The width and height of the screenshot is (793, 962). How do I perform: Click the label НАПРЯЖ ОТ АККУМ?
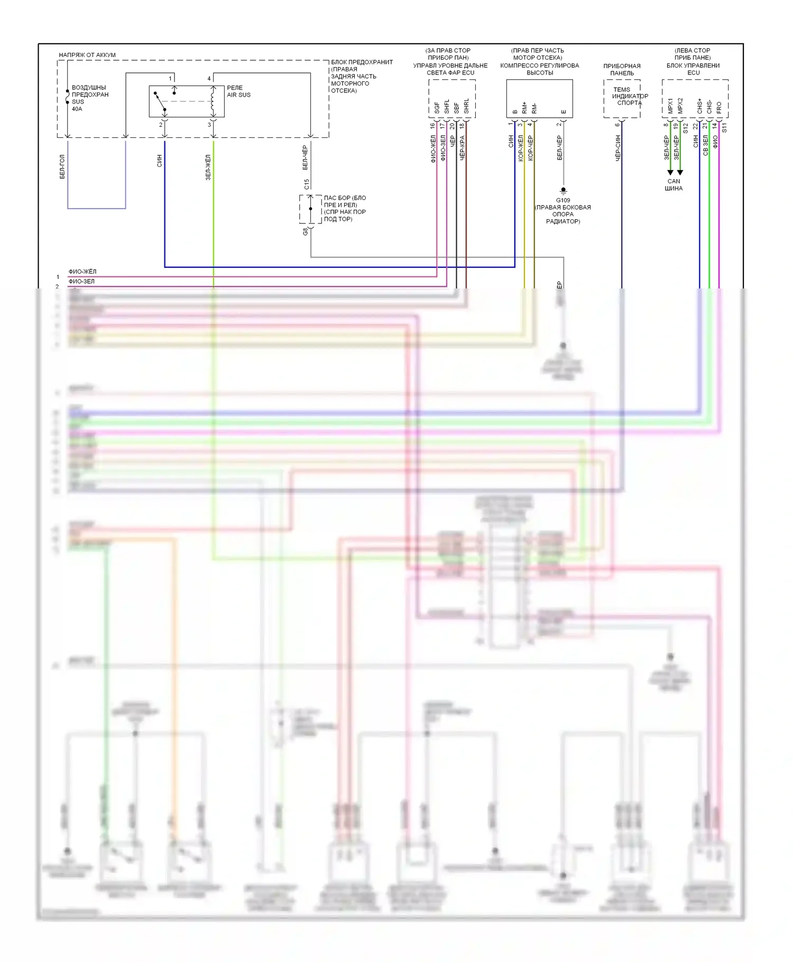87,55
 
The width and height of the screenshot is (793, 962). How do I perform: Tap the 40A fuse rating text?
77,109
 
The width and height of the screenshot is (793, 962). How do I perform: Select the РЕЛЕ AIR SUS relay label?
238,91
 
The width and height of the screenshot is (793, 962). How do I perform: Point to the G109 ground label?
563,200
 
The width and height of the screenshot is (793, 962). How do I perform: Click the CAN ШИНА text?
674,185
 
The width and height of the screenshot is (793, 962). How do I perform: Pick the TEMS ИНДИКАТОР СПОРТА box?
623,99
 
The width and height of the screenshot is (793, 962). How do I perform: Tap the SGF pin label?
437,108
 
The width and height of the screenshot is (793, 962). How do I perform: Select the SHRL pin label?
466,106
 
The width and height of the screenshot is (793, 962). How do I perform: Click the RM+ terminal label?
524,108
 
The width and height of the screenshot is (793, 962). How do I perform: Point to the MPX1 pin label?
670,106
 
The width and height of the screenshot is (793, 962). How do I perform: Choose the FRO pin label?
719,108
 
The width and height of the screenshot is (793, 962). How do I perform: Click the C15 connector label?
307,184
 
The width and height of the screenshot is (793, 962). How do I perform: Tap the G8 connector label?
305,231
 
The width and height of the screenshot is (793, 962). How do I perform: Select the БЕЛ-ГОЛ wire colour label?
62,167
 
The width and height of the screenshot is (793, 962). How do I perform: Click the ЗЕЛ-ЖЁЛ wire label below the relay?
208,167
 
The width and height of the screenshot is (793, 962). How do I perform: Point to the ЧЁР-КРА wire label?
462,148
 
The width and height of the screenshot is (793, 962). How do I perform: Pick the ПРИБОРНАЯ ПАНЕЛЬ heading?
622,70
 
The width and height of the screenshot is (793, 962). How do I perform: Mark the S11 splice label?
724,127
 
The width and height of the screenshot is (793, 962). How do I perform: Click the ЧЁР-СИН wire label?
617,148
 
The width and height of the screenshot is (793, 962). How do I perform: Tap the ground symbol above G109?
563,191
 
